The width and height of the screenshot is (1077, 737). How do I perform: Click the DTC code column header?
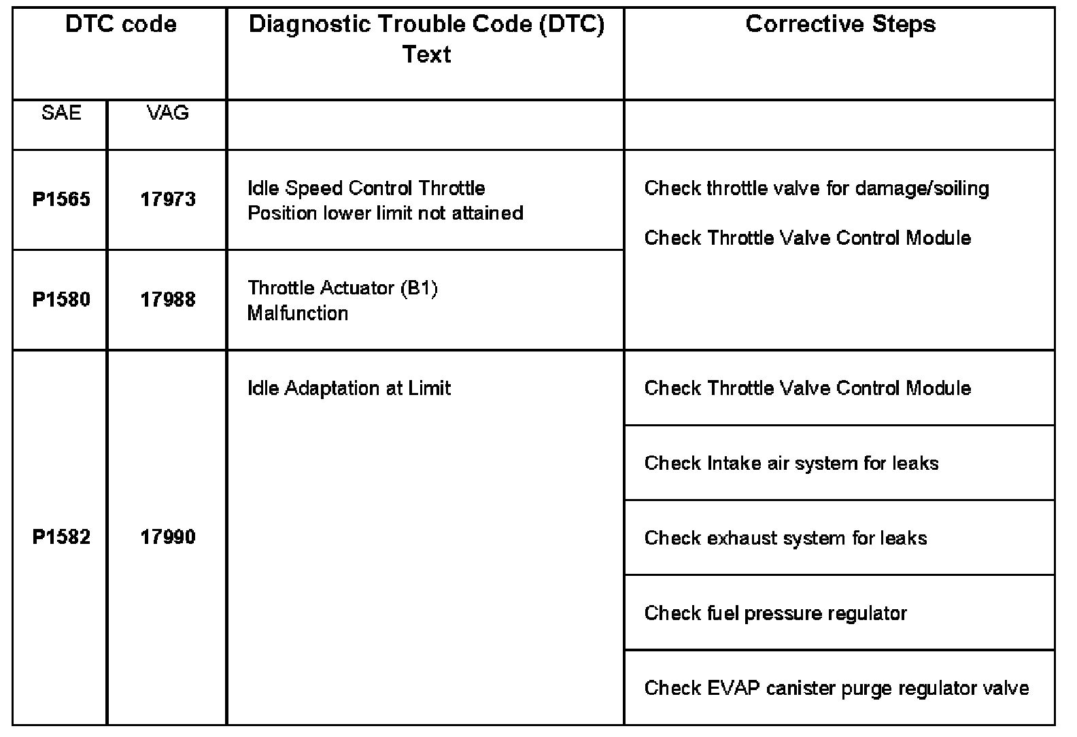(x=120, y=25)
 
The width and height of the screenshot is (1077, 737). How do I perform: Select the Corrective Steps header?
(x=840, y=25)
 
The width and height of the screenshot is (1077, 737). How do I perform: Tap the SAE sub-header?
(x=61, y=113)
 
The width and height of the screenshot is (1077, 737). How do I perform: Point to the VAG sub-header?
(x=167, y=113)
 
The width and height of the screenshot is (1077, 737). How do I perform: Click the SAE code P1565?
(x=61, y=199)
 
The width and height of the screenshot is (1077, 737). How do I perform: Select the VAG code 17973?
(x=168, y=199)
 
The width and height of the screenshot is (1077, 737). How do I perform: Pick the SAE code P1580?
(x=61, y=300)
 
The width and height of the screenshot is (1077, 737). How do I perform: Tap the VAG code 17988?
(x=168, y=300)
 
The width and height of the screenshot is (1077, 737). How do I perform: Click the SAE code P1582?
(x=61, y=537)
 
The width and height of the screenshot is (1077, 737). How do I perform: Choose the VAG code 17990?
(x=168, y=537)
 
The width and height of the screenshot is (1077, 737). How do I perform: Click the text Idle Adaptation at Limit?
(x=349, y=388)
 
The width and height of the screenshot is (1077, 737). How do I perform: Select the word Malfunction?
(x=298, y=313)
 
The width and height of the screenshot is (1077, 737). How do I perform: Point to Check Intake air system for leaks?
(x=791, y=464)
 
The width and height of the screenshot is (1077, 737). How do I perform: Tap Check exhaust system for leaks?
(x=785, y=538)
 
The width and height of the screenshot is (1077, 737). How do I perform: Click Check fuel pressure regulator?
(x=775, y=613)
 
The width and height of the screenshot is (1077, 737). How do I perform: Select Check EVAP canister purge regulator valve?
(x=836, y=688)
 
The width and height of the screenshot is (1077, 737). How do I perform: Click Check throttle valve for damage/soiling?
(x=817, y=188)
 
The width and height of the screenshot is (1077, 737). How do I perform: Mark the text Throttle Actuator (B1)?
(x=343, y=288)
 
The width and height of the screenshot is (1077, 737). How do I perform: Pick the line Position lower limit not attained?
(x=386, y=213)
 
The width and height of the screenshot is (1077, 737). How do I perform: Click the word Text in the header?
(x=426, y=54)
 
